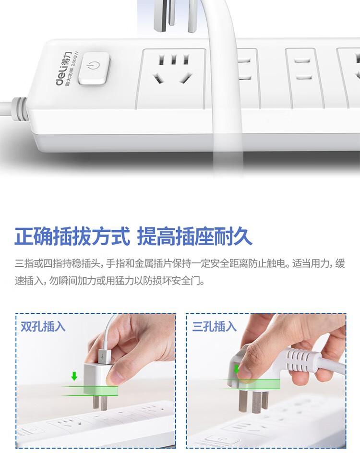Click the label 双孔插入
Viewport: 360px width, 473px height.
click(x=43, y=326)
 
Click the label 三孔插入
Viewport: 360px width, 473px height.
click(x=214, y=326)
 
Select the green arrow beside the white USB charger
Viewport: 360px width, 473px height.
click(x=74, y=376)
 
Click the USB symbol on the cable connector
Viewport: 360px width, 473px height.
click(x=103, y=356)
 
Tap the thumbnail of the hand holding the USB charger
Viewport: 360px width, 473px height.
click(x=96, y=381)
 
